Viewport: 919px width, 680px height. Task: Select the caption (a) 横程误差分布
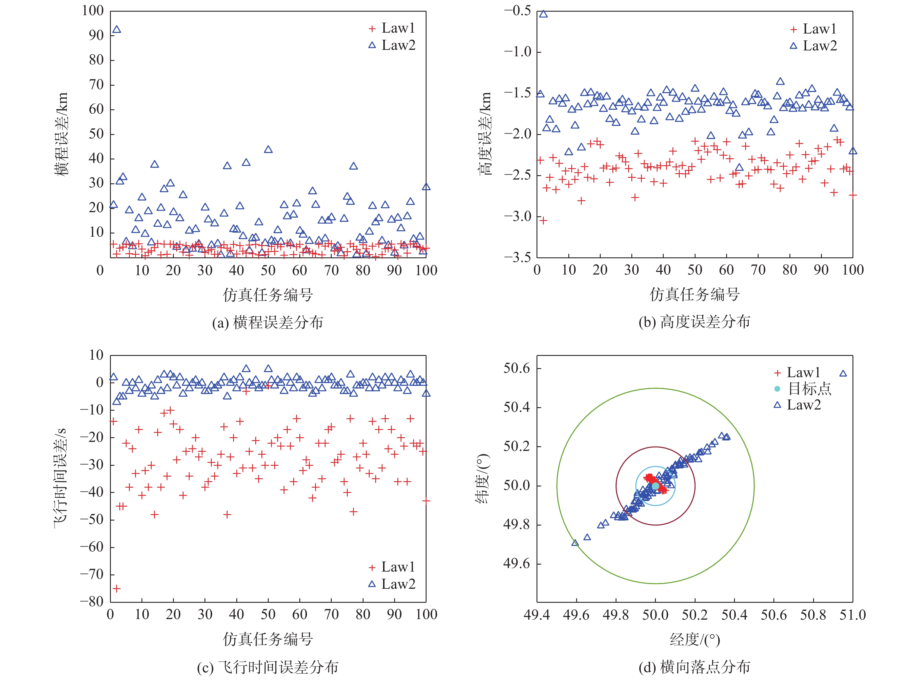click(268, 323)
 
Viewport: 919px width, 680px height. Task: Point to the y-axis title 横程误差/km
click(61, 134)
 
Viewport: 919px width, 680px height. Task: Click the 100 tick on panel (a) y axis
click(93, 11)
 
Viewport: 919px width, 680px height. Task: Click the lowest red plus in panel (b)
click(543, 221)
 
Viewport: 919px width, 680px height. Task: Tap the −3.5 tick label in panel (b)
click(518, 258)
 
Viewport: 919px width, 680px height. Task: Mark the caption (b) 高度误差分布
click(695, 322)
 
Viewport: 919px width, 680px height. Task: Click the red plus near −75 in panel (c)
click(117, 588)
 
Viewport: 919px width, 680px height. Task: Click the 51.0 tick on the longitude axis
click(852, 615)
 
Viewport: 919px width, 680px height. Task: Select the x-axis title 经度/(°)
click(695, 639)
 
